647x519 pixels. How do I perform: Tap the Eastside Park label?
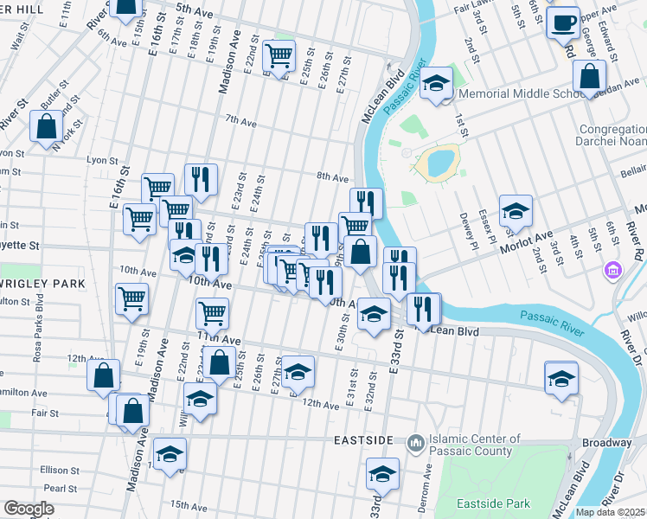tap(495, 503)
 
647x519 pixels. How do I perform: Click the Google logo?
tap(28, 509)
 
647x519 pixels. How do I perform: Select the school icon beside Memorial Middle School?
tap(437, 83)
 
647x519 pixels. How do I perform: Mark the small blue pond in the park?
tap(436, 161)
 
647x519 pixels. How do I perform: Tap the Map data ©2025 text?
tap(611, 512)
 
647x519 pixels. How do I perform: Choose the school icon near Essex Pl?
tap(516, 211)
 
